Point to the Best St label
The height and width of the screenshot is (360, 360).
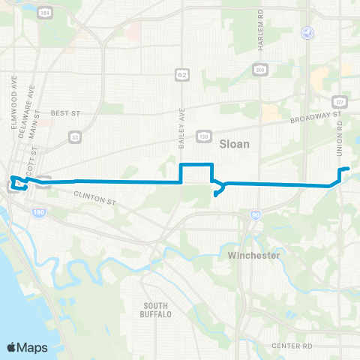click(65, 113)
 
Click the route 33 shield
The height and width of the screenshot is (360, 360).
click(74, 136)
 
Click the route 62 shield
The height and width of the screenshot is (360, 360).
click(182, 73)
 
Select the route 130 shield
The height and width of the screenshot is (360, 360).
click(202, 136)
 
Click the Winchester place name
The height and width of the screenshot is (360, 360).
click(253, 256)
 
